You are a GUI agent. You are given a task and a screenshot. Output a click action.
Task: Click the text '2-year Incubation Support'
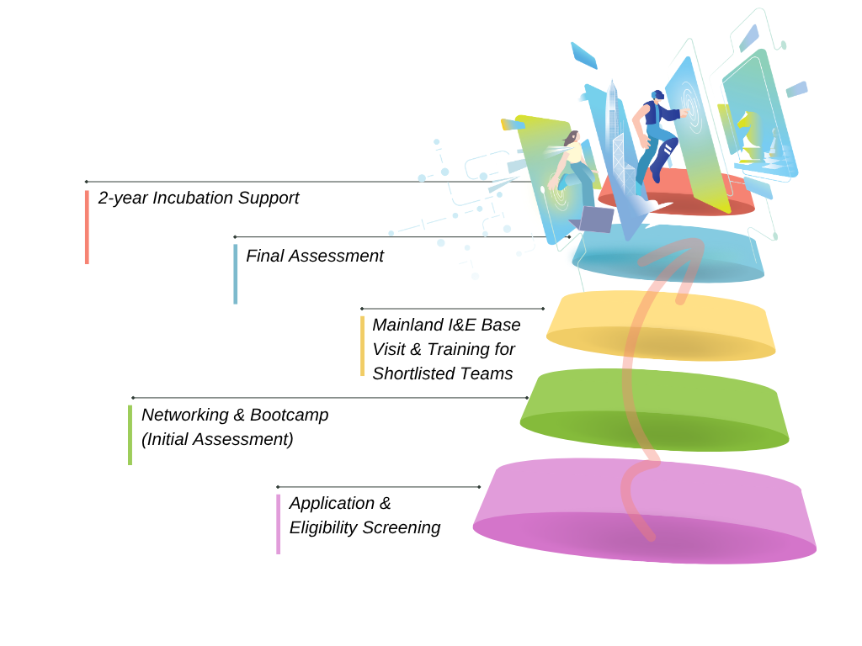[x=199, y=199]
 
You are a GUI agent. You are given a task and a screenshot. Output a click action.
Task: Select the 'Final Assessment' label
[x=315, y=256]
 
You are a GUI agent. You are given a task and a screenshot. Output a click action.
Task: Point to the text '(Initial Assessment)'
[x=217, y=439]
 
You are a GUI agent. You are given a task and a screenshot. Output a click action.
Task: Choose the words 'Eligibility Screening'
[x=364, y=527]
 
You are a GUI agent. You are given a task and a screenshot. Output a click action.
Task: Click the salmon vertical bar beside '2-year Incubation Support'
[x=87, y=227]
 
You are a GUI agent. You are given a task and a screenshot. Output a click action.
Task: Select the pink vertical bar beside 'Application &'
[x=278, y=523]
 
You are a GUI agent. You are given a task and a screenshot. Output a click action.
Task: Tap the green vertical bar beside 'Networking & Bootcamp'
[x=130, y=434]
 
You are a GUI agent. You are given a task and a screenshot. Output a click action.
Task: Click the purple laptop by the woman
[x=596, y=219]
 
